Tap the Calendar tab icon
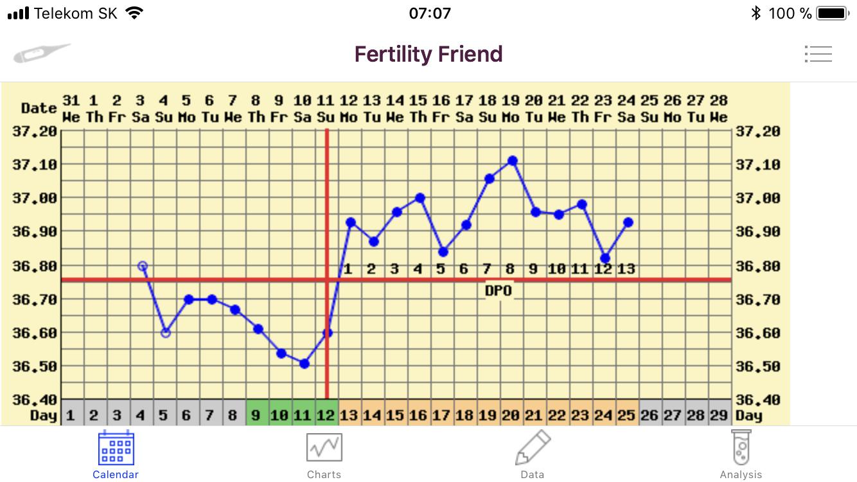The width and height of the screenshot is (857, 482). (116, 448)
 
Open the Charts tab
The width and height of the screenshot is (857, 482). (324, 448)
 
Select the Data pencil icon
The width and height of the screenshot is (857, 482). (533, 447)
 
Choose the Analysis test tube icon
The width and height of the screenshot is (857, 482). (741, 447)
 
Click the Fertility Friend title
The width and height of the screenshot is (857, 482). (428, 54)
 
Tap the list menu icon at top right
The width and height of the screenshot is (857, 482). (818, 54)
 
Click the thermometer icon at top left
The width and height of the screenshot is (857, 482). (42, 53)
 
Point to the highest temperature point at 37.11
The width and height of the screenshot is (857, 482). (512, 161)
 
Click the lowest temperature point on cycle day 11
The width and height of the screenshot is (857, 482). (305, 364)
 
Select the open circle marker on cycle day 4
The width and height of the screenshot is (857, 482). (143, 266)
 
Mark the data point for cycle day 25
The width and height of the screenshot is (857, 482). (628, 222)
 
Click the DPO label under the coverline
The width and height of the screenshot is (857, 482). (499, 291)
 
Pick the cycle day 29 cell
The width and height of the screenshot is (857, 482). (719, 415)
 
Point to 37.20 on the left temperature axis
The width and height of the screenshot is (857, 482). (35, 132)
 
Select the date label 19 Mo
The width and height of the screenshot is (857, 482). (511, 109)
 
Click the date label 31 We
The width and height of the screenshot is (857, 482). (71, 109)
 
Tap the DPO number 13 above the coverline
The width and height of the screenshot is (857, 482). (626, 269)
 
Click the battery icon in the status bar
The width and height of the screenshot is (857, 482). (833, 13)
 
